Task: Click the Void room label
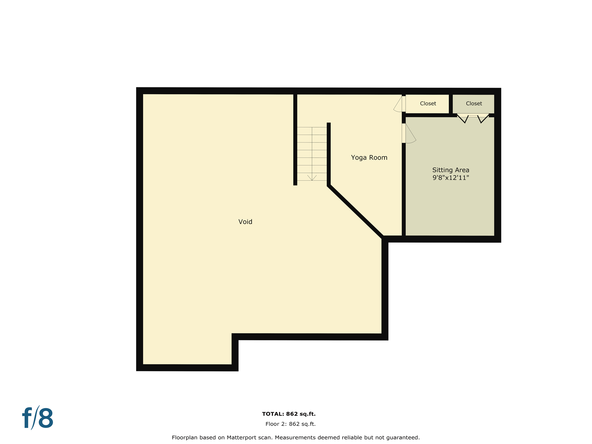click(x=245, y=222)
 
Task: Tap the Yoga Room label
click(x=369, y=158)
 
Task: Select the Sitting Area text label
click(x=451, y=170)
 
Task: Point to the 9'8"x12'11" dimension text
click(x=451, y=178)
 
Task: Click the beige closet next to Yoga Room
click(x=428, y=103)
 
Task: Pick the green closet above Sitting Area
click(x=473, y=103)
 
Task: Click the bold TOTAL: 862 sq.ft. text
click(x=289, y=414)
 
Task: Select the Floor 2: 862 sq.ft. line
click(x=291, y=424)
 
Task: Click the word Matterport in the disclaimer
click(x=241, y=438)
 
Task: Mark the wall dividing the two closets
click(x=451, y=104)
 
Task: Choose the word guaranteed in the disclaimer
click(x=404, y=438)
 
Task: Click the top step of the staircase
click(x=312, y=131)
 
